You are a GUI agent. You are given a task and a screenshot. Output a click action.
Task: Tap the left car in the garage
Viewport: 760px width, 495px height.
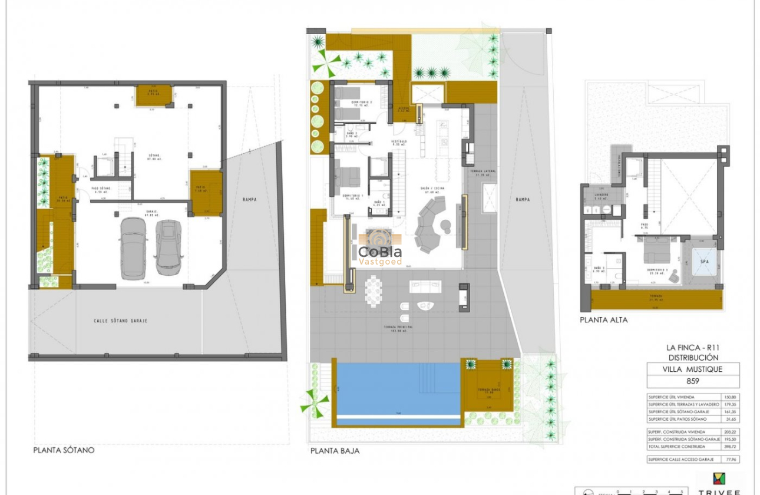(x=134, y=247)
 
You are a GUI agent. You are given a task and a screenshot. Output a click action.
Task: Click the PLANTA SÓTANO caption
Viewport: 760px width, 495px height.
(x=64, y=450)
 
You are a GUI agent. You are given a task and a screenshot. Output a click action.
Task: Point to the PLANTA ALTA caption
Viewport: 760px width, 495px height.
(x=603, y=320)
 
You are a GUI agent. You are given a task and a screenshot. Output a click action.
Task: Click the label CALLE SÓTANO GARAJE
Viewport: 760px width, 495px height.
(x=120, y=321)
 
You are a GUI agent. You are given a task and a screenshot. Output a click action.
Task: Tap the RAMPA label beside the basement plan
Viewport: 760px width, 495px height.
(x=249, y=199)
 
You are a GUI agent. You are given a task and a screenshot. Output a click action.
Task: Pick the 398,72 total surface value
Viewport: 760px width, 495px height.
(x=730, y=447)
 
